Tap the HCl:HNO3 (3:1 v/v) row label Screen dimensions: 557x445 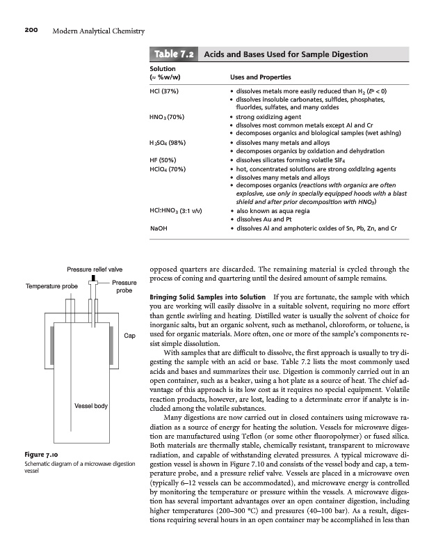pyautogui.click(x=177, y=210)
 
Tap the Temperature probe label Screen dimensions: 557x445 pyautogui.click(x=51, y=285)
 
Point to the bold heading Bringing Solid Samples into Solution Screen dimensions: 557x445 pyautogui.click(x=204, y=298)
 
